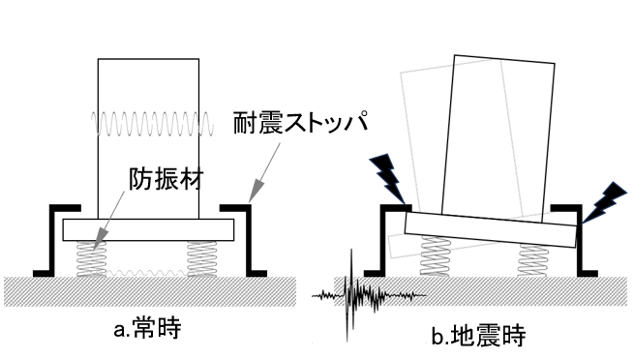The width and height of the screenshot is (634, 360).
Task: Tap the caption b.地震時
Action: tap(482, 336)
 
